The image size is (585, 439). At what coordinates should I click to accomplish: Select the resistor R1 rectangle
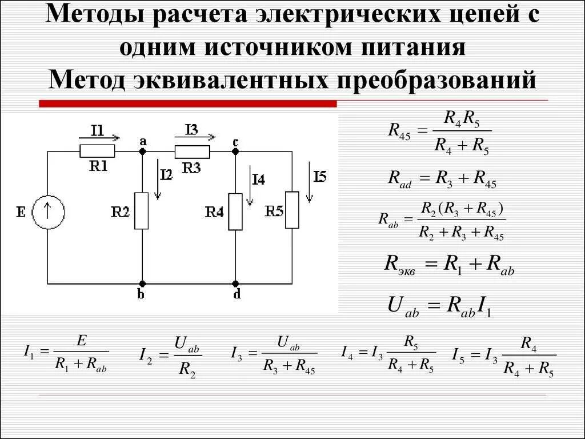[97, 151]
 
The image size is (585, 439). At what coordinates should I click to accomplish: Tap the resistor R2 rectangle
[142, 211]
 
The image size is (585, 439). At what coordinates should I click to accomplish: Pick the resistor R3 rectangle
[192, 151]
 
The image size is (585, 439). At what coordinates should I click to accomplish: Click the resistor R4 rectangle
[235, 211]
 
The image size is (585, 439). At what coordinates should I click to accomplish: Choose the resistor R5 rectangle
[292, 210]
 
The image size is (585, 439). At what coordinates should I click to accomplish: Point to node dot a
[142, 151]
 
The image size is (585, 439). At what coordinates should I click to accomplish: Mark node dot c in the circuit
[235, 151]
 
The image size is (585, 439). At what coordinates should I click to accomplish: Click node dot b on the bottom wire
[142, 284]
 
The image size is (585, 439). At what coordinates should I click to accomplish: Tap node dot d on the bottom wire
[235, 284]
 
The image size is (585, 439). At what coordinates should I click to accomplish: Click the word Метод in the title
[86, 80]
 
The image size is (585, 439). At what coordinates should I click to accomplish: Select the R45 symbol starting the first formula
[399, 131]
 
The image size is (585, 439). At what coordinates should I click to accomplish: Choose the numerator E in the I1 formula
[81, 341]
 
